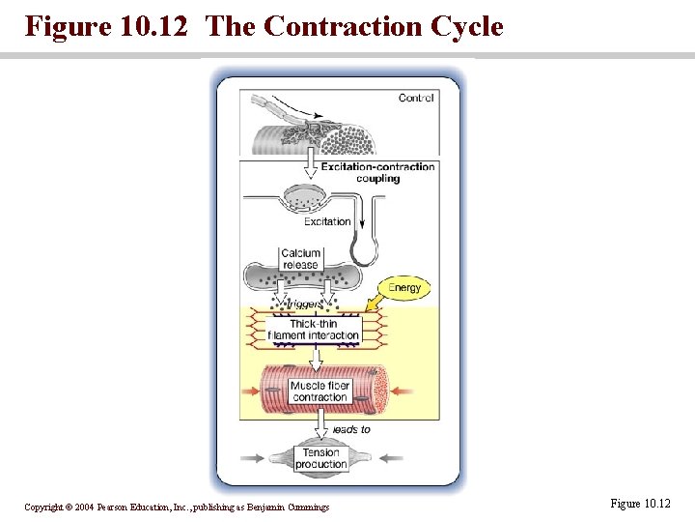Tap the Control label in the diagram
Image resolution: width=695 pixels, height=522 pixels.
416,98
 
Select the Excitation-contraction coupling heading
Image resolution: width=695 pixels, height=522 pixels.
377,172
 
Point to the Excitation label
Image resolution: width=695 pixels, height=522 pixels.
327,221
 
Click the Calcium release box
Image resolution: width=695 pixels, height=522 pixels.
300,259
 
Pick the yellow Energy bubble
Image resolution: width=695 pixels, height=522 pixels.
403,288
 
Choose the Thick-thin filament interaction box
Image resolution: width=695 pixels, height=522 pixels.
313,330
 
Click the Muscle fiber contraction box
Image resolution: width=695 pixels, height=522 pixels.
320,391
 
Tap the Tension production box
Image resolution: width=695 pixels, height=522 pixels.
320,458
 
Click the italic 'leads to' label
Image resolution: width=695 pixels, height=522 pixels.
350,429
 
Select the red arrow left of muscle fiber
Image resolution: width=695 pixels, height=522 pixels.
250,391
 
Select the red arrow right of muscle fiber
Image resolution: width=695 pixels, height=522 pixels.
403,391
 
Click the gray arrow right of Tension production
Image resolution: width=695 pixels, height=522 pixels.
390,459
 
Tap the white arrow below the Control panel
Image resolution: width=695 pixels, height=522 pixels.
311,166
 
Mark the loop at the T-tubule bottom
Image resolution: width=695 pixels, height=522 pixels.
364,255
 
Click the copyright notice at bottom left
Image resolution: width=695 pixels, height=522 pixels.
177,507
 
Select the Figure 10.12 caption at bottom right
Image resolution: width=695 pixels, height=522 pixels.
640,504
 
